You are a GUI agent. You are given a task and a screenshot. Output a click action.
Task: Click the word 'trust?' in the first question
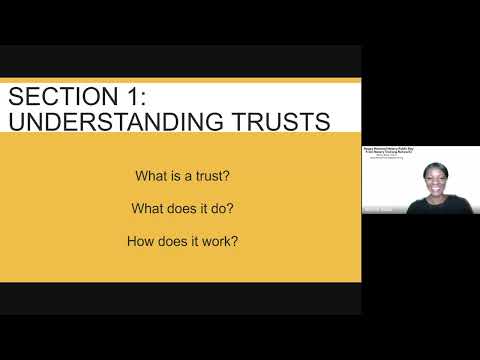coord(208,176)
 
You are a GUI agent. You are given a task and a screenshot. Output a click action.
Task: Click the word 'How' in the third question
coord(140,241)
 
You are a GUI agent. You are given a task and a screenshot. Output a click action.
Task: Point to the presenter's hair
coord(433,167)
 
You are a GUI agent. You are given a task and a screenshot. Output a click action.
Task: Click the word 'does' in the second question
coord(181,209)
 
